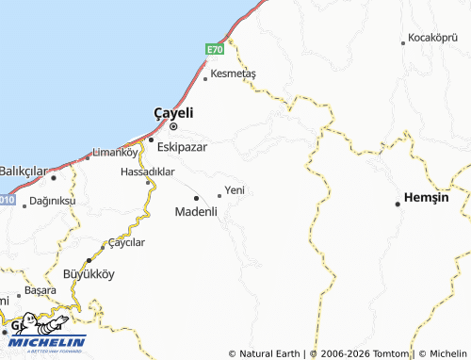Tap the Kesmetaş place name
[235, 73]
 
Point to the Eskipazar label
[183, 146]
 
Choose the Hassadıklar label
[148, 172]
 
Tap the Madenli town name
[196, 211]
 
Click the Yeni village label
[235, 190]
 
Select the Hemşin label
[425, 197]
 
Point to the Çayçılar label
[127, 242]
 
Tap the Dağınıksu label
[52, 201]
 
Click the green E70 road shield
[215, 49]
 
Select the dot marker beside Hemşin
[398, 204]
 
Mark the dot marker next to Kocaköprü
[403, 41]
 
